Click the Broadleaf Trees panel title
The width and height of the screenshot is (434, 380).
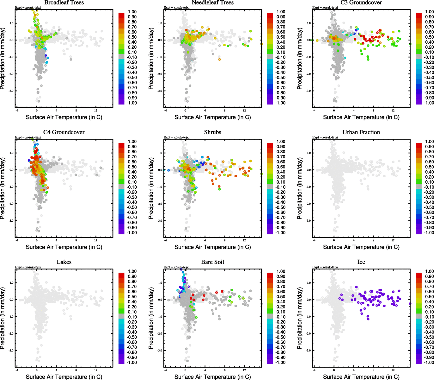click(x=64, y=3)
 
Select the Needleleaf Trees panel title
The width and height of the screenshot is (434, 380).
click(x=212, y=3)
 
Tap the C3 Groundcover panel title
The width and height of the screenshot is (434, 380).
click(x=361, y=3)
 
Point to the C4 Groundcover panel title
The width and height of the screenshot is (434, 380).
click(x=64, y=132)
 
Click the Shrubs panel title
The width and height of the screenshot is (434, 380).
click(x=212, y=132)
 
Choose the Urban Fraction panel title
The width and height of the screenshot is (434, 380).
click(x=361, y=132)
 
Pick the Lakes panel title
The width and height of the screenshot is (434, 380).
click(x=64, y=262)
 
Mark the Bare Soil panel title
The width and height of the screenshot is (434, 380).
click(x=212, y=262)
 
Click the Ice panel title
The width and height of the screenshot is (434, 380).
click(x=361, y=262)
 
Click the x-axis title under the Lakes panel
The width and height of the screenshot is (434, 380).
click(x=64, y=377)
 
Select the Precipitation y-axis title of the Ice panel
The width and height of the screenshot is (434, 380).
click(x=300, y=318)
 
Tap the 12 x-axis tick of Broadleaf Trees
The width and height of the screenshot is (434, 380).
click(x=96, y=111)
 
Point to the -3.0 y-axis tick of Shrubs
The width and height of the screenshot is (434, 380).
click(x=160, y=221)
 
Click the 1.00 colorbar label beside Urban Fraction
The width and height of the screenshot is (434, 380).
click(x=430, y=142)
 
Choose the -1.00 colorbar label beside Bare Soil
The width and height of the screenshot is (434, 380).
click(x=280, y=363)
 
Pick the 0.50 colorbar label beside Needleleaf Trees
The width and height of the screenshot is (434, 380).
click(x=281, y=37)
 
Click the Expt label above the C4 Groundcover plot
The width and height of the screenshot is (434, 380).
click(x=28, y=137)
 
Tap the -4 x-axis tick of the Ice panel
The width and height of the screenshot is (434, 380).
click(x=314, y=370)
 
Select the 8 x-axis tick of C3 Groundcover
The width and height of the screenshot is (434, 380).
click(x=373, y=111)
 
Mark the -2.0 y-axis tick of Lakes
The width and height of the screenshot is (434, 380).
click(x=11, y=333)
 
